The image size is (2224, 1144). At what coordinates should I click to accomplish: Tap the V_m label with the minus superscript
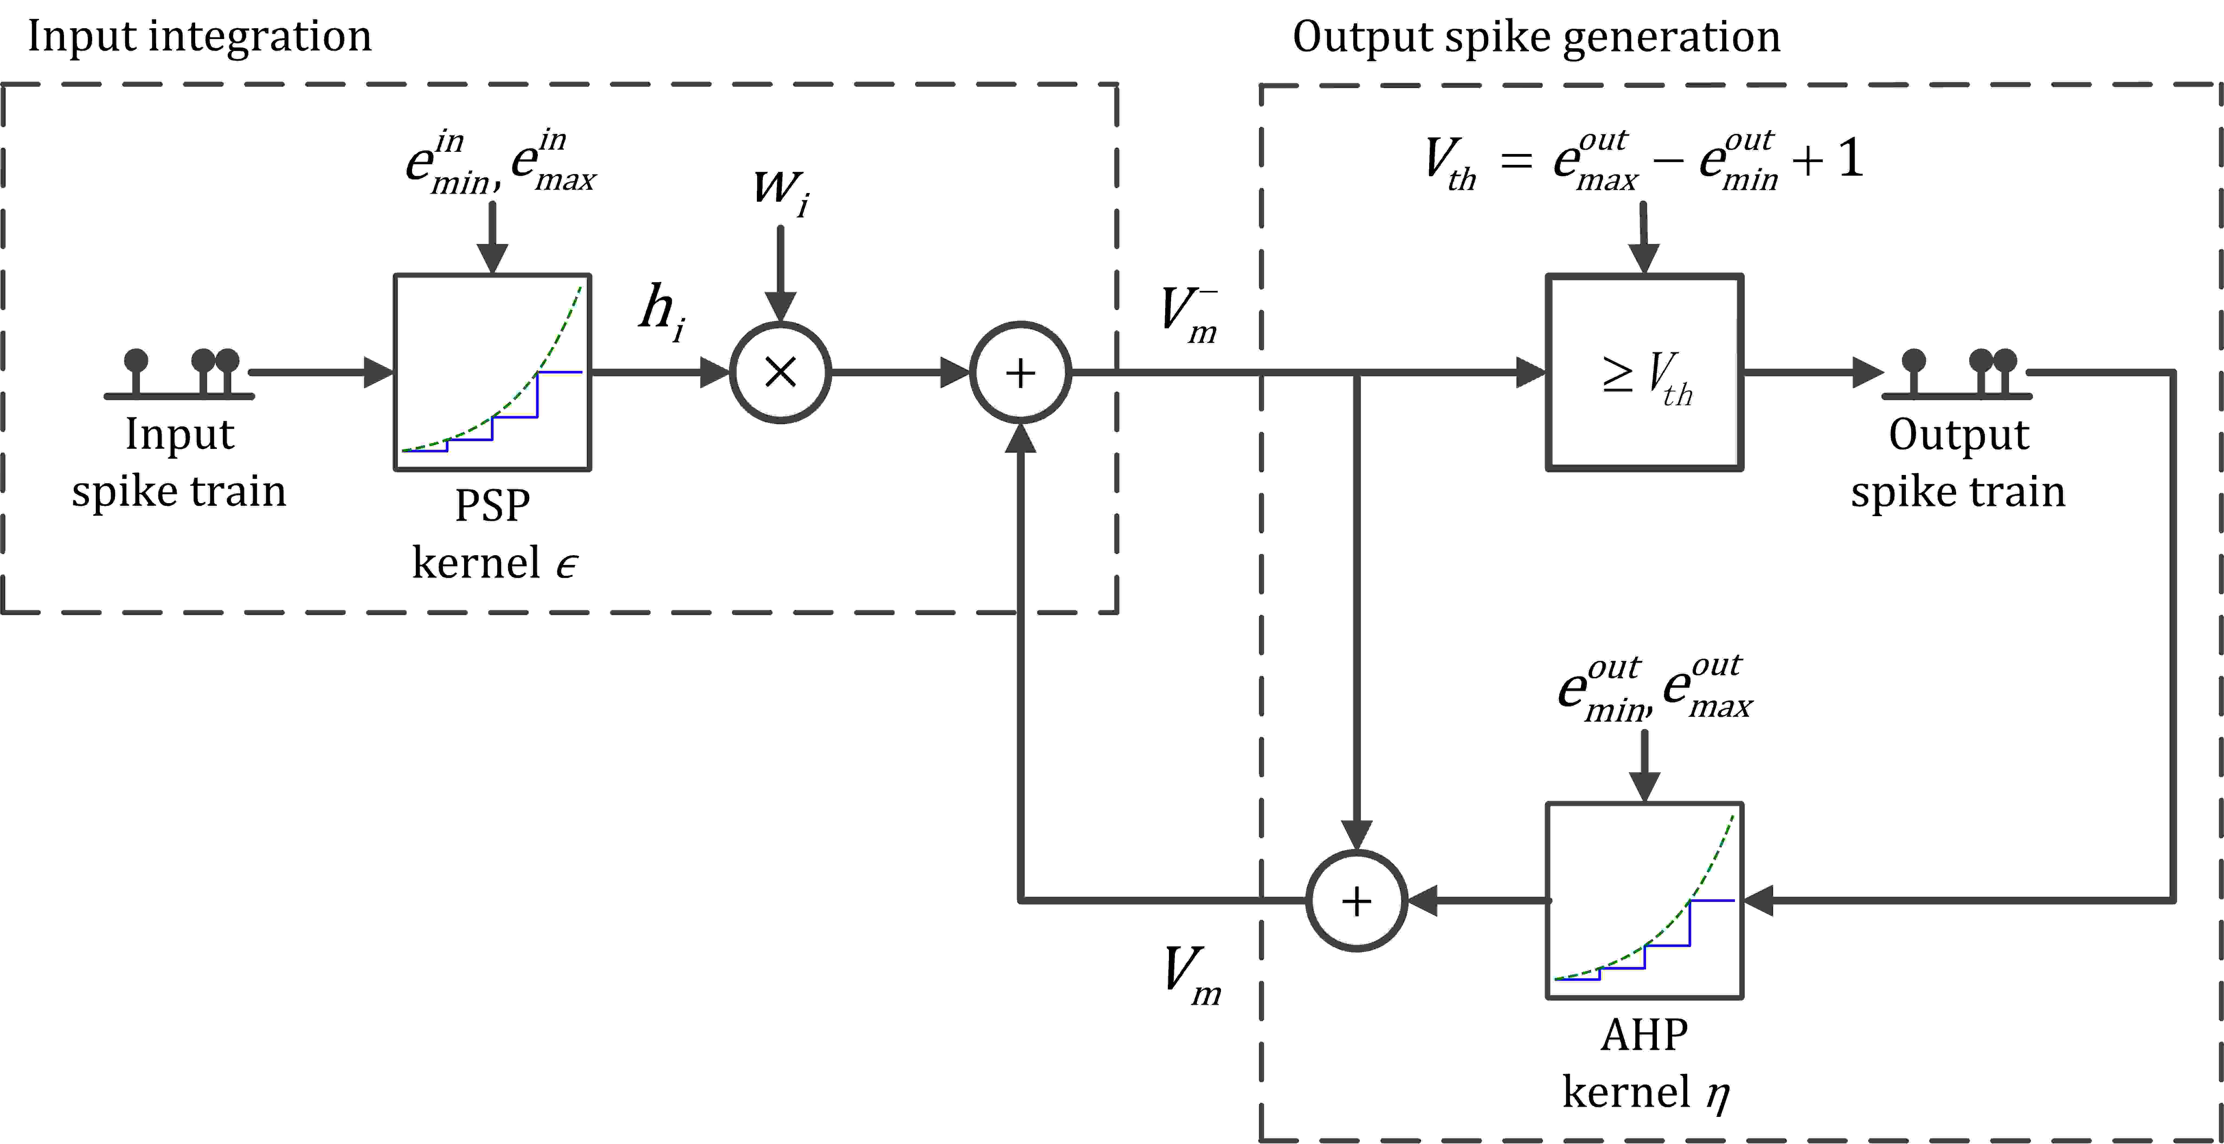(x=1190, y=315)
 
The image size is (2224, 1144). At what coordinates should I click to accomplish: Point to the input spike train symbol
(x=179, y=374)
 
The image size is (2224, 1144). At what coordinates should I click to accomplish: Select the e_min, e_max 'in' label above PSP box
(x=501, y=162)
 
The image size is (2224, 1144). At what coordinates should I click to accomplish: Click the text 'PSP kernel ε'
(x=494, y=534)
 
